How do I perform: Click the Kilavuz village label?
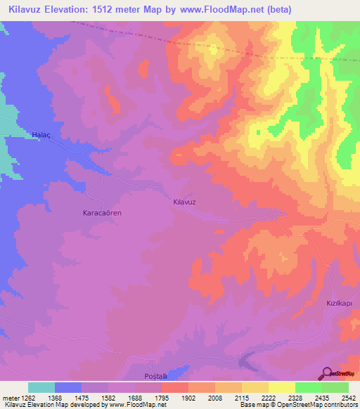click(184, 202)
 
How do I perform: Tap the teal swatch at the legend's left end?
click(41, 387)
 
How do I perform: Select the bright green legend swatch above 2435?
click(309, 387)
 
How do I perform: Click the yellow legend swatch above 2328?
click(281, 387)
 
